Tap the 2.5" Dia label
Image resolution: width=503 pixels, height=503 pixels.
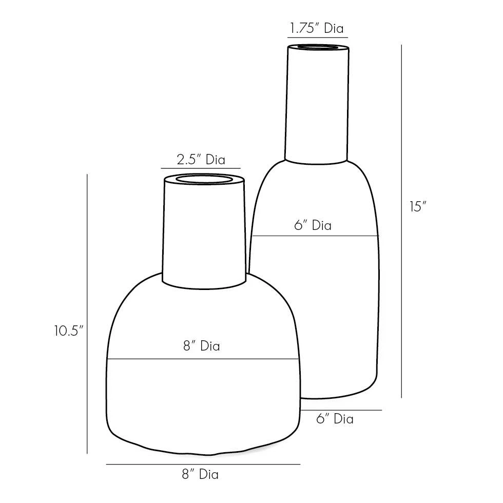pos(201,160)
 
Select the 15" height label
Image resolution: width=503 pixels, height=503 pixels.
pos(418,207)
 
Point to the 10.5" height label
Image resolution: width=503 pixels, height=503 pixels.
pos(68,331)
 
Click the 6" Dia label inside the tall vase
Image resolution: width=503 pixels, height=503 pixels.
pos(313,225)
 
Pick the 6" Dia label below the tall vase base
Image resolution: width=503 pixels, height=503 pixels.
pos(335,419)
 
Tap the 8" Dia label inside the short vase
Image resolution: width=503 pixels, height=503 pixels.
pos(201,346)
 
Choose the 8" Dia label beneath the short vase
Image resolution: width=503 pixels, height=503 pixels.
pos(200,475)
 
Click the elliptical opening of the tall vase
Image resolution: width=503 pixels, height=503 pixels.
pos(318,48)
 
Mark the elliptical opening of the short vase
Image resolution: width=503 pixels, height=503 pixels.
pos(204,180)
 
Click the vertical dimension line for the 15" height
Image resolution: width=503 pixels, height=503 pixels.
pos(401,221)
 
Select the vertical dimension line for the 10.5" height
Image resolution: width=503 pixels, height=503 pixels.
pos(87,313)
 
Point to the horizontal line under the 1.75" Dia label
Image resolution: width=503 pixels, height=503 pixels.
pos(317,37)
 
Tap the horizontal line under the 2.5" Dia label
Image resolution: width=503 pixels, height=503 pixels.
pos(201,168)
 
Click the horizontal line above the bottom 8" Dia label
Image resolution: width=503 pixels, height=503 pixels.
pos(203,465)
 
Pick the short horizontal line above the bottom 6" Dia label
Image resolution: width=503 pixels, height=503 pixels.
pos(341,410)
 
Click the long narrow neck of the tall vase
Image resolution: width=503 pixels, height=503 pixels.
pos(317,103)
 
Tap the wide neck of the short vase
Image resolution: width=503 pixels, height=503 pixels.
pos(204,231)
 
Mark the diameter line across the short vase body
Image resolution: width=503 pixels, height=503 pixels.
pos(203,358)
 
